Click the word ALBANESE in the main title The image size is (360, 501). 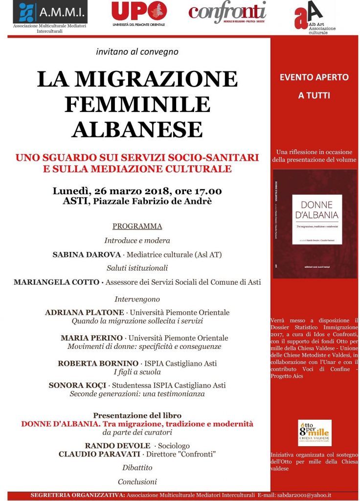[137, 129]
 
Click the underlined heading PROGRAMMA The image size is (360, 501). [137, 226]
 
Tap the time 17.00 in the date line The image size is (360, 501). [209, 191]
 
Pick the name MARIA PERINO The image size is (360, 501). [91, 338]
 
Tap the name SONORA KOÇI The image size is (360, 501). [82, 385]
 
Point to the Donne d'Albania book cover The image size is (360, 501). [315, 224]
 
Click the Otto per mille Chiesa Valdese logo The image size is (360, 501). [315, 432]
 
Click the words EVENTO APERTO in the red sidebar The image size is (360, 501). [315, 77]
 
